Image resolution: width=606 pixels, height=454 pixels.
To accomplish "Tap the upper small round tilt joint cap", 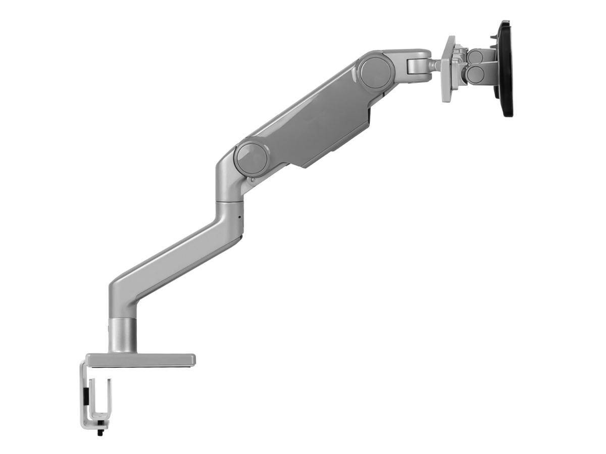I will (475, 57).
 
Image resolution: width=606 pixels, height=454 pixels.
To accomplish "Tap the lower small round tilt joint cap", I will (475, 75).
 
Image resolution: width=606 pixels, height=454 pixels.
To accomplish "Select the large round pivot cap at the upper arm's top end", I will (377, 71).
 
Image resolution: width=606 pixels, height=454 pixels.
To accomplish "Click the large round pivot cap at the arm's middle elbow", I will (251, 158).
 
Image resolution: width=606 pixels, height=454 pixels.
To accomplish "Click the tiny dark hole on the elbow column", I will (239, 218).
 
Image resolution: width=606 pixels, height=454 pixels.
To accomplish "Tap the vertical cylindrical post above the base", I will (123, 335).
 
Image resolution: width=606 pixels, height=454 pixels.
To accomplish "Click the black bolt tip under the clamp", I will (100, 432).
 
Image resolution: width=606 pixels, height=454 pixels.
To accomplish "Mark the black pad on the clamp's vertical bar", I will (86, 396).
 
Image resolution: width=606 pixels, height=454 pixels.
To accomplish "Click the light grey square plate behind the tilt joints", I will (448, 69).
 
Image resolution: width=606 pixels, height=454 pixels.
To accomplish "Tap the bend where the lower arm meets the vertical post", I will (121, 293).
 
